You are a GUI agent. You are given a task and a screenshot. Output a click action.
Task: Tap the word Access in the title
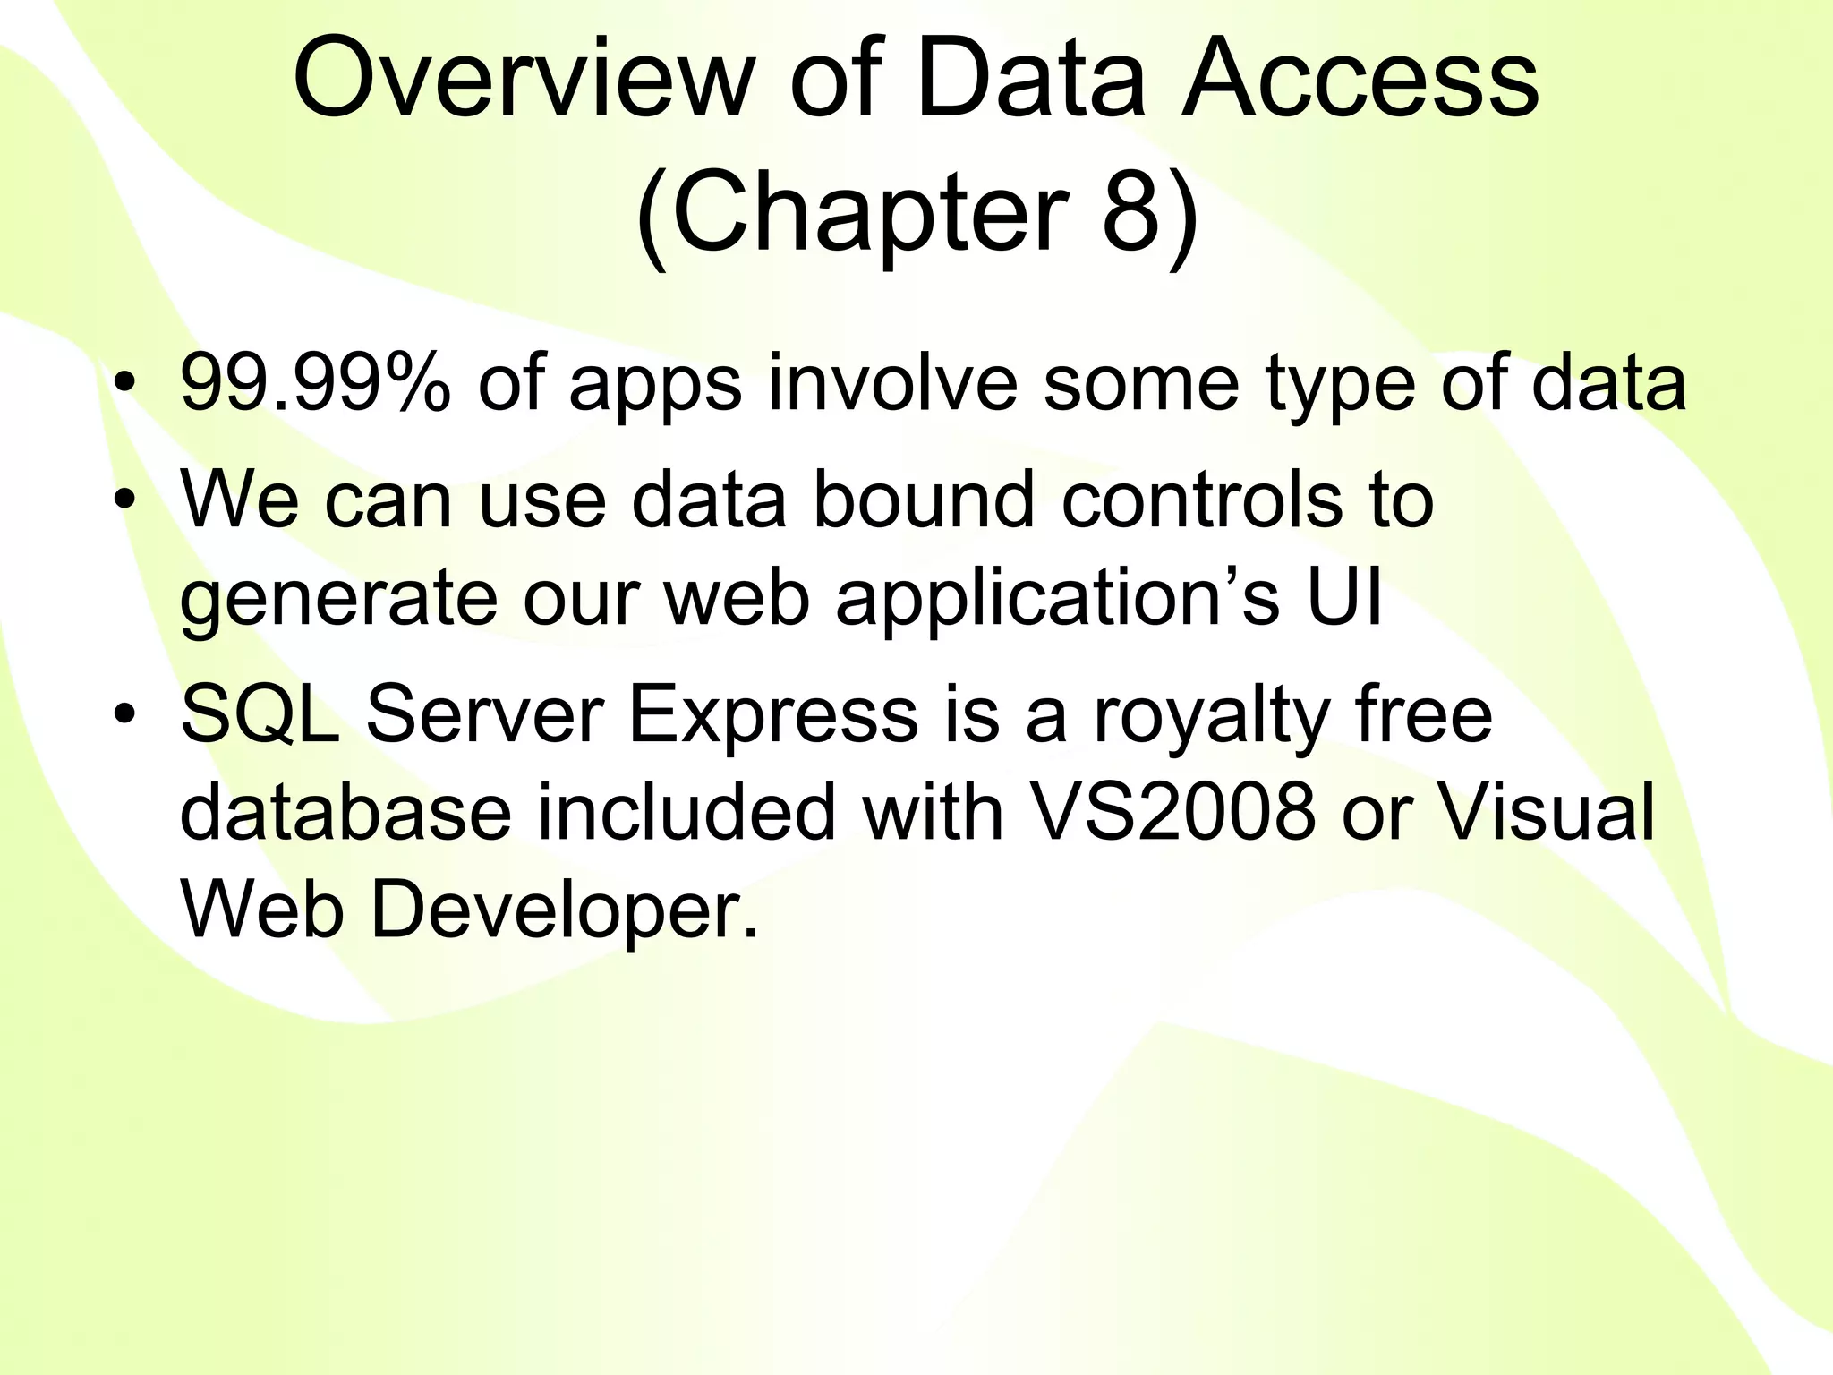pyautogui.click(x=1360, y=81)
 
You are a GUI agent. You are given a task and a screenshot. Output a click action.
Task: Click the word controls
pyautogui.click(x=1202, y=500)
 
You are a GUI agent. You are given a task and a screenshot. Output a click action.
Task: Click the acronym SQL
pyautogui.click(x=260, y=715)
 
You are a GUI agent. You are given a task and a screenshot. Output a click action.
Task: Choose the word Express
pyautogui.click(x=773, y=715)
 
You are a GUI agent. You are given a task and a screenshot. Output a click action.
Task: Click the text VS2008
pyautogui.click(x=1172, y=814)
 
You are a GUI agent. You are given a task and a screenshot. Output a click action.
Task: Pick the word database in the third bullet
pyautogui.click(x=345, y=814)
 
